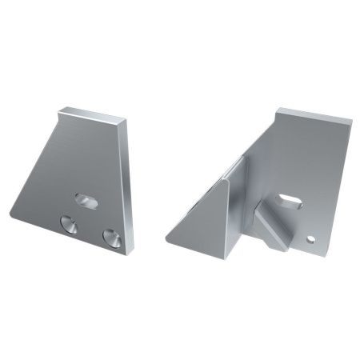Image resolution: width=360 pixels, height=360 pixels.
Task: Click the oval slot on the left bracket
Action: (85, 200)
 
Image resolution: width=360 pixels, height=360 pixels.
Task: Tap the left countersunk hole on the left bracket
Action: (70, 223)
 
